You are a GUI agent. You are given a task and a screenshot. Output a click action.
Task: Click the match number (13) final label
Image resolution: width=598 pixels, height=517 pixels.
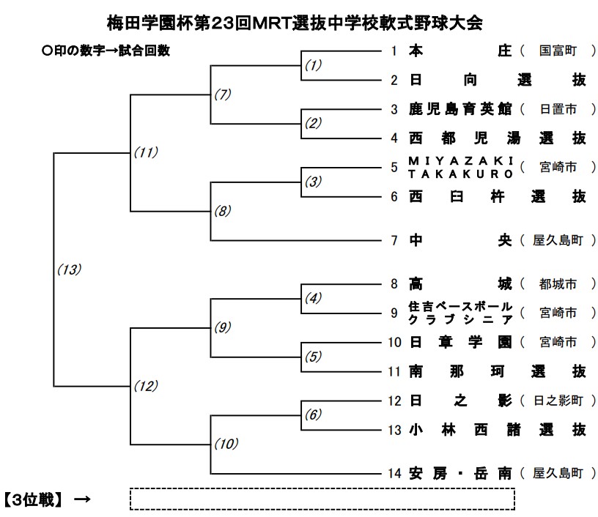coord(69,269)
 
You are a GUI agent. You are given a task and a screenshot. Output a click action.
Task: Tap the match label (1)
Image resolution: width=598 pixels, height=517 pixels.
coord(313,64)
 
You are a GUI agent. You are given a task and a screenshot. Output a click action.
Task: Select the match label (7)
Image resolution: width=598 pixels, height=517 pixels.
coord(223,94)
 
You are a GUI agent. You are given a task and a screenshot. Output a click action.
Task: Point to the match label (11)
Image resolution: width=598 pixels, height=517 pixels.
coord(146,152)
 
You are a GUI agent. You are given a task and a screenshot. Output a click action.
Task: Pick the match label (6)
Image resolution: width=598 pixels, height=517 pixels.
coord(313,414)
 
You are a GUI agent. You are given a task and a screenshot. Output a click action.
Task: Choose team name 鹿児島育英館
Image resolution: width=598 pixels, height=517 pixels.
coord(461,109)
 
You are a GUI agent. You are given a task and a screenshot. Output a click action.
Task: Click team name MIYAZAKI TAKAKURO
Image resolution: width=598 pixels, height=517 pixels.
coord(461,167)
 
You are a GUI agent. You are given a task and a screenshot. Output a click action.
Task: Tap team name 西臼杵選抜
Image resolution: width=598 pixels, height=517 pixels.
coord(498,196)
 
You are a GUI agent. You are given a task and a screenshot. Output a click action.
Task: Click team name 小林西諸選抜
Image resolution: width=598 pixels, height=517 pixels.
coord(498,430)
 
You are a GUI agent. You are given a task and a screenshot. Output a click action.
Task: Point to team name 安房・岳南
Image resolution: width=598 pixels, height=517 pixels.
coord(461,473)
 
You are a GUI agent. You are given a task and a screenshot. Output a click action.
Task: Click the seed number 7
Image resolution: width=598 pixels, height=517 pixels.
coord(394,240)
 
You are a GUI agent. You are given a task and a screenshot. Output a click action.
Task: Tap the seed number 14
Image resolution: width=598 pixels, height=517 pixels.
coord(394,473)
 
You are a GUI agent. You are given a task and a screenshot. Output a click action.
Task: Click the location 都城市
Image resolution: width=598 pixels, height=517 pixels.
coord(558,283)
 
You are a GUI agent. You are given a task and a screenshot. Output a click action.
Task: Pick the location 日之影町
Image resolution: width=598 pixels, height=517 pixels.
coord(558,401)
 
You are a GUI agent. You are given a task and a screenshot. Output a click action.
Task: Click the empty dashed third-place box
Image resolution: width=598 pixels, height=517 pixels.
coord(322,499)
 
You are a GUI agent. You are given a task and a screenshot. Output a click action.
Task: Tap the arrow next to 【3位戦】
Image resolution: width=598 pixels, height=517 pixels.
coord(82,499)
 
